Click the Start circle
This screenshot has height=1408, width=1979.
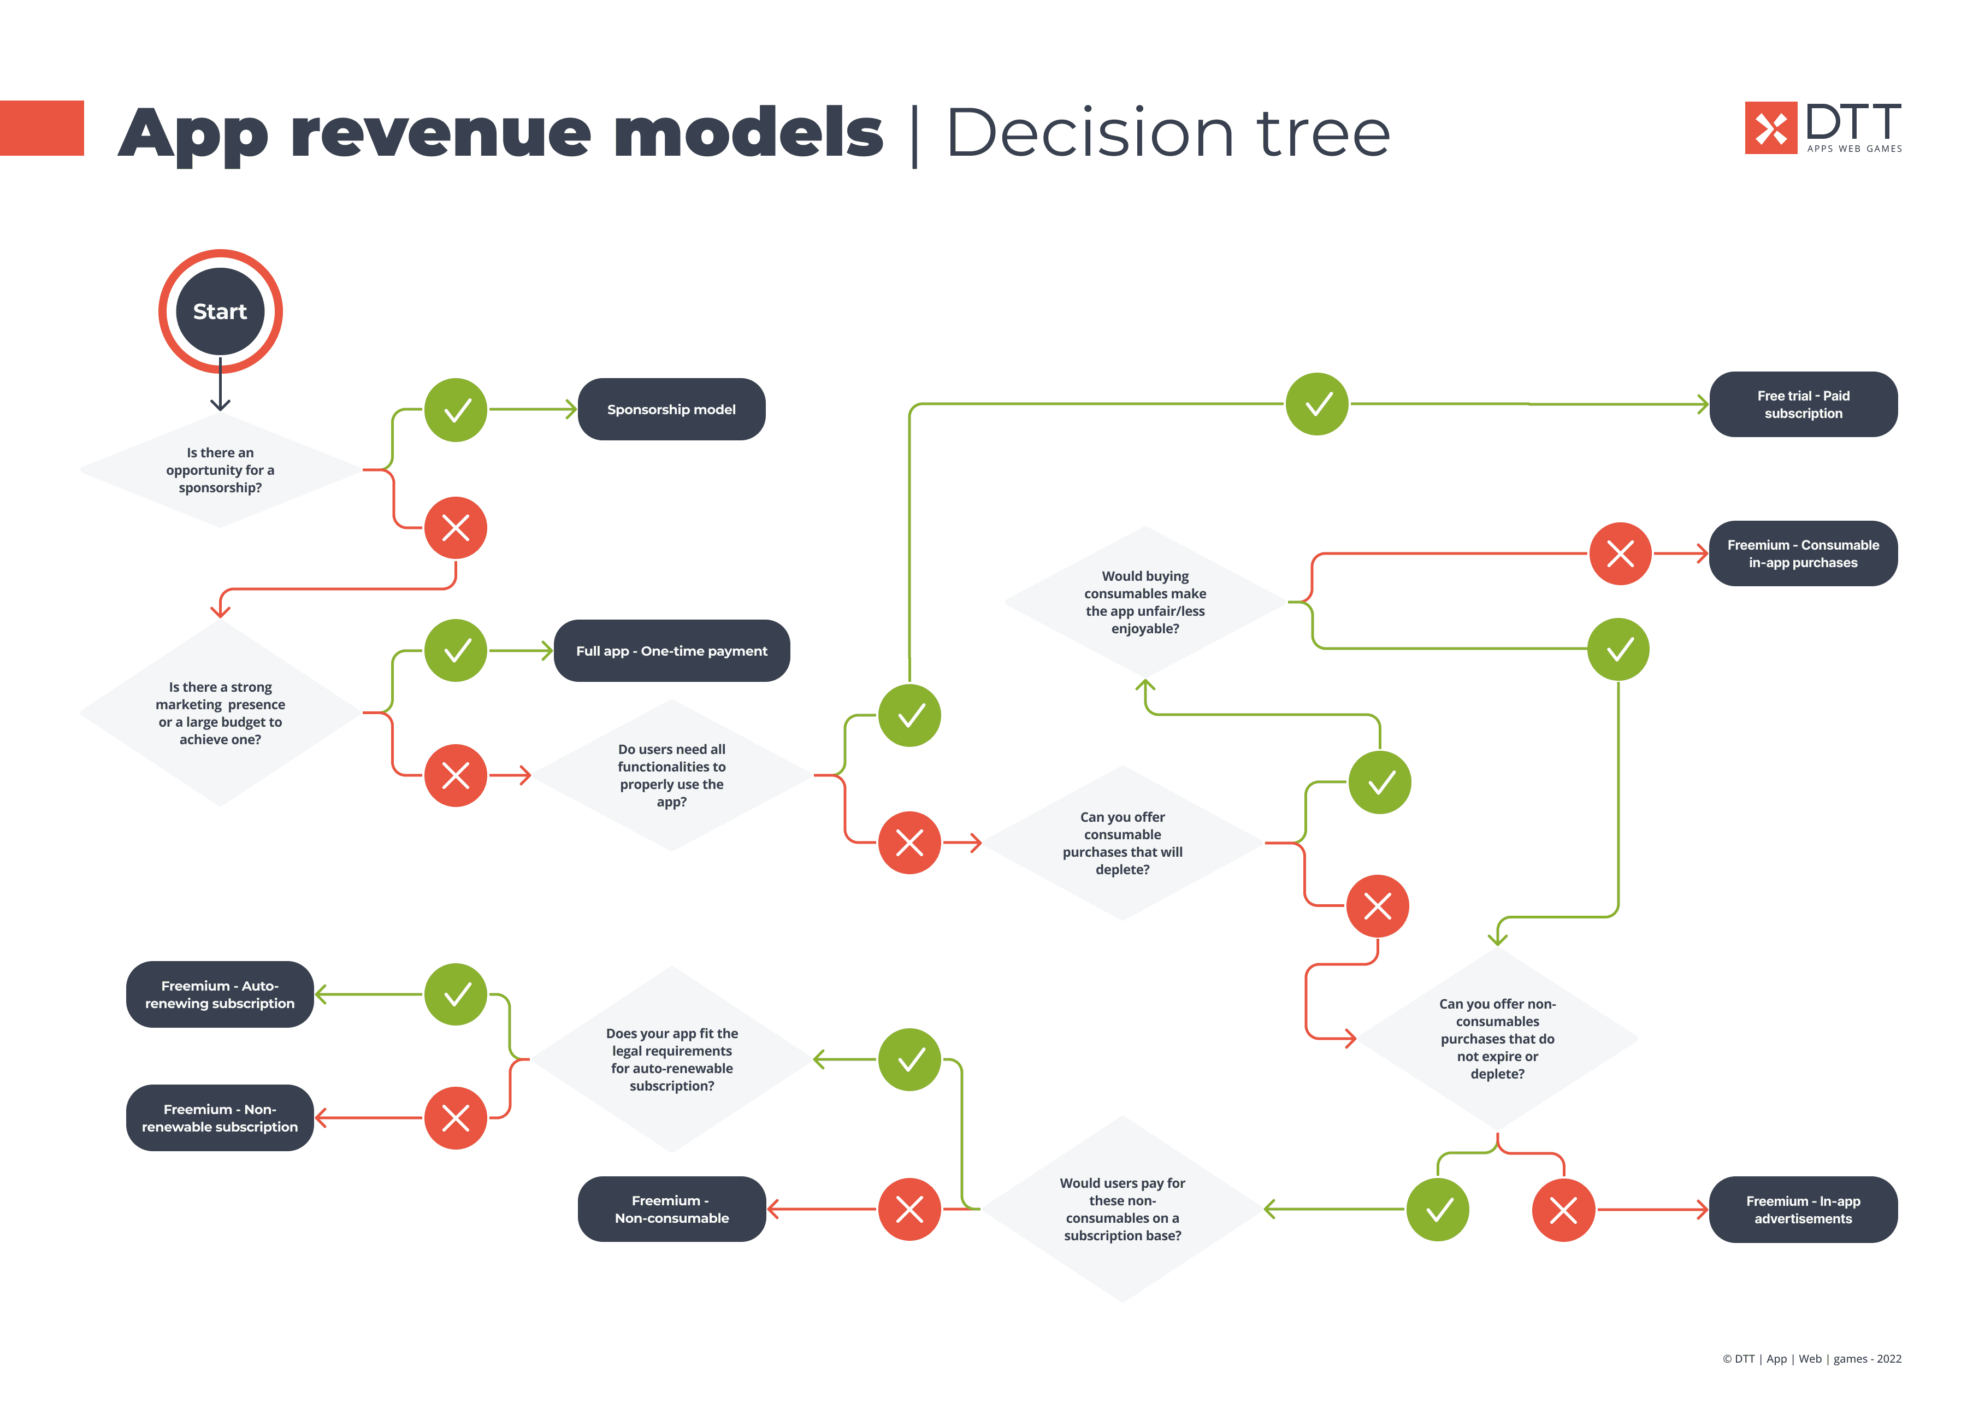220,311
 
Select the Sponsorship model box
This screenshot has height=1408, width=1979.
671,409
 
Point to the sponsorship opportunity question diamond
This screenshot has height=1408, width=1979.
220,470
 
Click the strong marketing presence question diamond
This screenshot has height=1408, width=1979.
220,712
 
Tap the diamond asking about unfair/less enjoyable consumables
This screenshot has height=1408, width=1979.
1144,602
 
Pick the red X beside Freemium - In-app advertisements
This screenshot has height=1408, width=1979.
1562,1210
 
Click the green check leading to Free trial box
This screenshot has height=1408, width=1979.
1317,404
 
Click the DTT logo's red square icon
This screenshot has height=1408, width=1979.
1770,128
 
